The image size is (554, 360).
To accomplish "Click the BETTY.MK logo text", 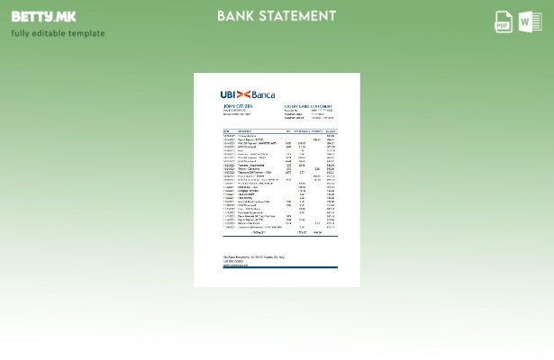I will pos(43,16).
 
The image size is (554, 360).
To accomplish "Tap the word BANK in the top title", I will pos(238,16).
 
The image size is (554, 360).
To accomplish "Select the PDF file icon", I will pos(504,22).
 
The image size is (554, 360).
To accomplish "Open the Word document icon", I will pos(530,22).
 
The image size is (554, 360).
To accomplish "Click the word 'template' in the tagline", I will pos(87,33).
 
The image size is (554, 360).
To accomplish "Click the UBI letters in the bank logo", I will pos(228,94).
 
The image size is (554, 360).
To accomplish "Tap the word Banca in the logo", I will pos(263,94).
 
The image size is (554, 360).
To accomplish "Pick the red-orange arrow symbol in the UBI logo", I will pos(243,94).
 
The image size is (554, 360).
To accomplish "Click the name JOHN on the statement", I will pos(230,106).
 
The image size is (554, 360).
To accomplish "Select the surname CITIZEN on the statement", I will pos(245,106).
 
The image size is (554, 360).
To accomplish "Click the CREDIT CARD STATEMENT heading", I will pos(309,106).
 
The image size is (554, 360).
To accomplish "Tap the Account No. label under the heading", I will pos(290,111).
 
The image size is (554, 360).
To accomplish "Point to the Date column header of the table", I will pos(226,131).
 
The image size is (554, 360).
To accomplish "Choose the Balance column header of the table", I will pos(331,131).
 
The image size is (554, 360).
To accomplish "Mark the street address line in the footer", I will pos(253,257).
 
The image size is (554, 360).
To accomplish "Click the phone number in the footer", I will pos(233,261).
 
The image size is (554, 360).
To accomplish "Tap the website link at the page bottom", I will pos(235,265).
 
